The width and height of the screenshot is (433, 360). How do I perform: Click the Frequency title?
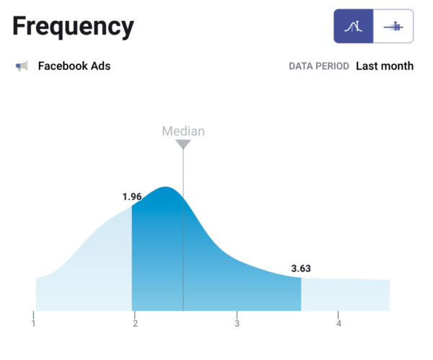[x=73, y=27]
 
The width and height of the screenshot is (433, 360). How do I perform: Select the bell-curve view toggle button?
[x=354, y=27]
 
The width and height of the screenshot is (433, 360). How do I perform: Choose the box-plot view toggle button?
[x=393, y=27]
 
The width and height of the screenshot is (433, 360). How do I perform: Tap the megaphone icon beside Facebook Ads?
[x=22, y=66]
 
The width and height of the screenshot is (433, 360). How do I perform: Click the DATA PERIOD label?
[x=319, y=66]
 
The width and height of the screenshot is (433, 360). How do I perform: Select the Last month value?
[x=385, y=66]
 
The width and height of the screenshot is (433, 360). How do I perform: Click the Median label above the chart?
[x=183, y=131]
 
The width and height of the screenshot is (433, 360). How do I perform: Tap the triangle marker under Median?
[x=183, y=144]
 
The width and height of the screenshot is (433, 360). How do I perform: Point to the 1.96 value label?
[x=132, y=196]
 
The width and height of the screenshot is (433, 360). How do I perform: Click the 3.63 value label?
[x=301, y=268]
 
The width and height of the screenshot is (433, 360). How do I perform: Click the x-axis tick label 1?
[x=33, y=322]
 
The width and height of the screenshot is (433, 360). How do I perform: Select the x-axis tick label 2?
[x=135, y=322]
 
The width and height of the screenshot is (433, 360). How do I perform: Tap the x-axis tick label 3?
[x=237, y=322]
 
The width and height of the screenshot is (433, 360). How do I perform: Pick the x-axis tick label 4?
[x=338, y=322]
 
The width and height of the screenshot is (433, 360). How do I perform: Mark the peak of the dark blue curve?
[x=166, y=188]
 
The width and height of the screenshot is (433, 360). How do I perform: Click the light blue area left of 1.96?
[x=94, y=267]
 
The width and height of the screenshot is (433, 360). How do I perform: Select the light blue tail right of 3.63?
[x=346, y=294]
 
